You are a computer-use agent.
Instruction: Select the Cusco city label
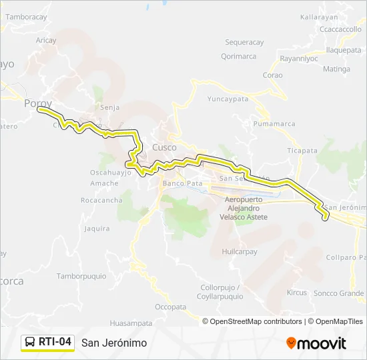pyautogui.click(x=165, y=147)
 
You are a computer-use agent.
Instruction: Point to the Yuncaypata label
pyautogui.click(x=227, y=99)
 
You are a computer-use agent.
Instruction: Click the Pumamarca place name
pyautogui.click(x=274, y=124)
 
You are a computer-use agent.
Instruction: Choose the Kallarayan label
pyautogui.click(x=318, y=17)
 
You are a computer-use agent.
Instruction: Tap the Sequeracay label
pyautogui.click(x=245, y=42)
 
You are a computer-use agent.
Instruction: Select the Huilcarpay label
pyautogui.click(x=240, y=252)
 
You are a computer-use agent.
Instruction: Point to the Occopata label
pyautogui.click(x=170, y=307)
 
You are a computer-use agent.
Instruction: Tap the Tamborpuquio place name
pyautogui.click(x=81, y=276)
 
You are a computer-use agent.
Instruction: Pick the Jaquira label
pyautogui.click(x=97, y=229)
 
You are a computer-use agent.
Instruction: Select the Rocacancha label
pyautogui.click(x=101, y=200)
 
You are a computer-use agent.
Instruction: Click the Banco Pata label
pyautogui.click(x=182, y=183)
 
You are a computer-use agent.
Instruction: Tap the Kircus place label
pyautogui.click(x=296, y=293)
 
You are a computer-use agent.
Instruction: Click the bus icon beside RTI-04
pyautogui.click(x=30, y=343)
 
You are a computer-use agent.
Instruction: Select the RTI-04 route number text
pyautogui.click(x=55, y=343)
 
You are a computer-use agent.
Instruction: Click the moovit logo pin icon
pyautogui.click(x=291, y=343)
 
